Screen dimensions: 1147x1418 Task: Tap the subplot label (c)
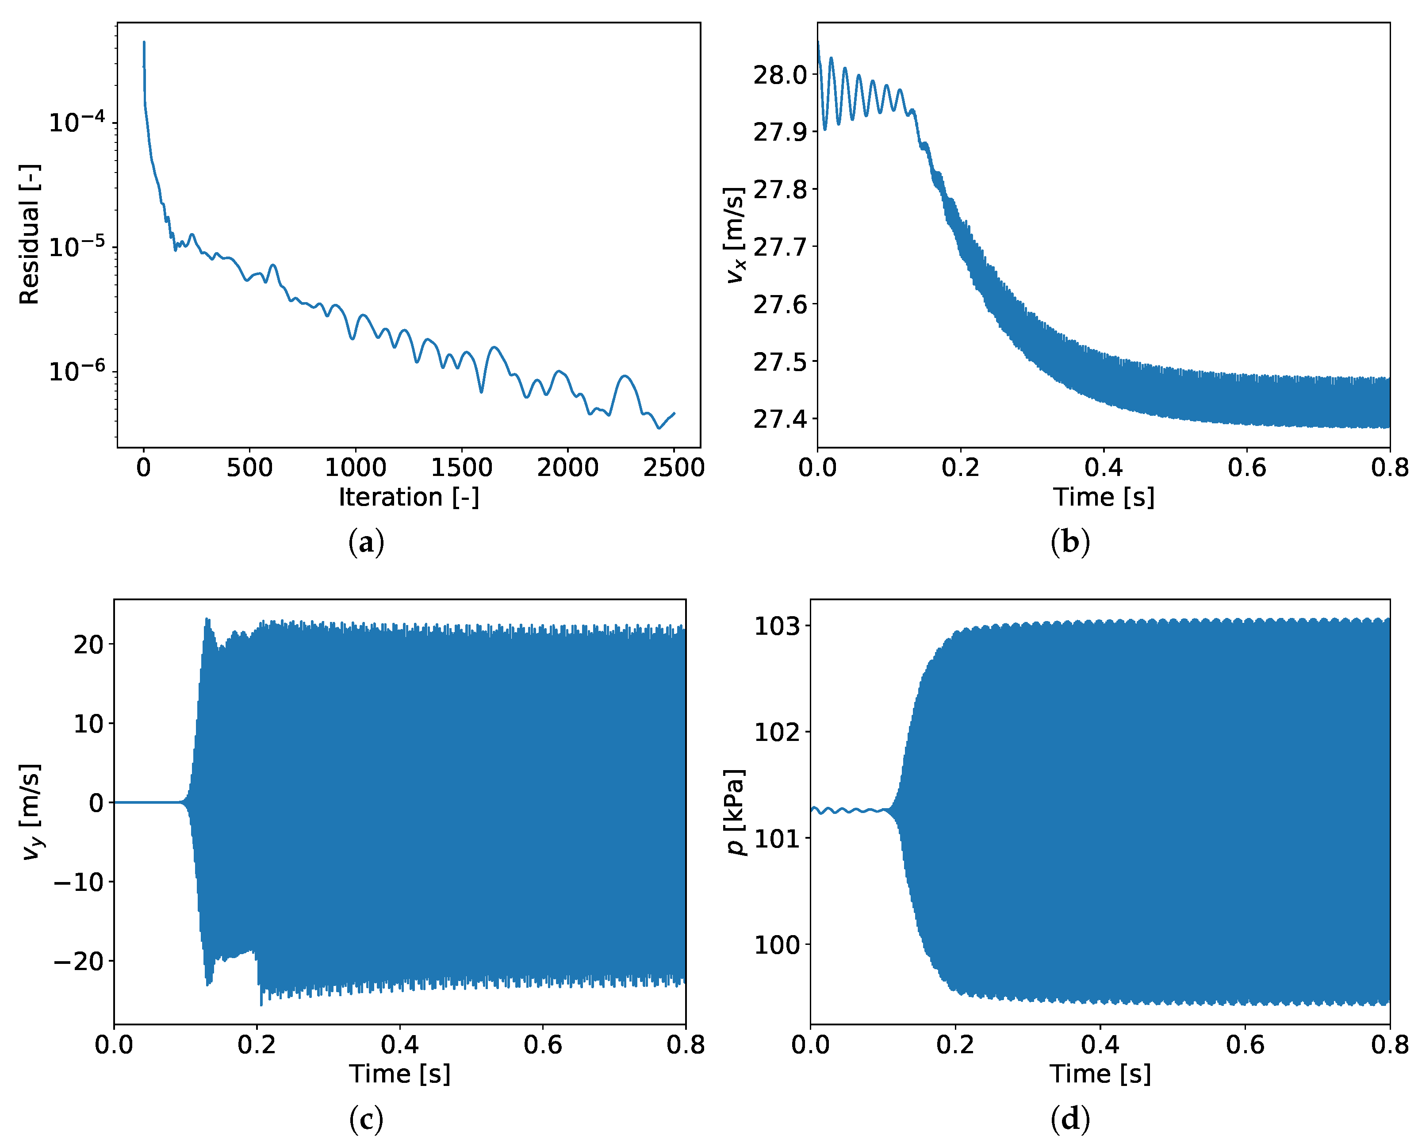(x=365, y=1119)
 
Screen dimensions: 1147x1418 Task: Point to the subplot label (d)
(x=1069, y=1119)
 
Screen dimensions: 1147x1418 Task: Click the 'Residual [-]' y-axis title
(x=29, y=234)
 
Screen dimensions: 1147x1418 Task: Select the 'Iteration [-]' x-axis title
(x=408, y=497)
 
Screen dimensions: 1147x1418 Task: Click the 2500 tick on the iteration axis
(x=673, y=468)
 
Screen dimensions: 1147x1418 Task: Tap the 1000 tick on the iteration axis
(x=355, y=468)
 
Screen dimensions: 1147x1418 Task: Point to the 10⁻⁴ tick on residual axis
(x=77, y=122)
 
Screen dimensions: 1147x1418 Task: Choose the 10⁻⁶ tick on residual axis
(x=77, y=371)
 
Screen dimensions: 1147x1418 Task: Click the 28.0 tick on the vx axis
(x=780, y=75)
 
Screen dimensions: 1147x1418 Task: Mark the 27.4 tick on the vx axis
(x=780, y=419)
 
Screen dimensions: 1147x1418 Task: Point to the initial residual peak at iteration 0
(x=144, y=43)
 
